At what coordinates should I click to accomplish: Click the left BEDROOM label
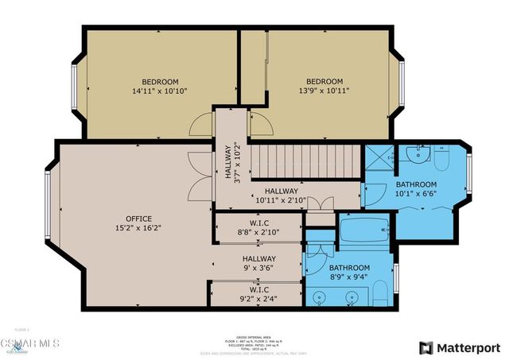pos(160,82)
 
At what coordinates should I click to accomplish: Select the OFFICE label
pos(138,219)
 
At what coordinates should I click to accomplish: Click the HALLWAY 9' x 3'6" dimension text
pos(259,269)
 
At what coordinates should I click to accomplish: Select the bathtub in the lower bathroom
pos(364,232)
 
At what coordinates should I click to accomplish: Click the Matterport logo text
pos(469,347)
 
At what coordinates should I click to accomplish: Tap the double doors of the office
pos(194,176)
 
